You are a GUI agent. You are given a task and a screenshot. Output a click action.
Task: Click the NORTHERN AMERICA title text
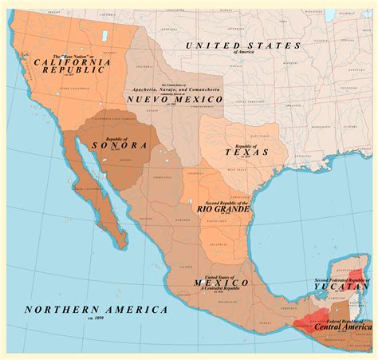pyautogui.click(x=96, y=310)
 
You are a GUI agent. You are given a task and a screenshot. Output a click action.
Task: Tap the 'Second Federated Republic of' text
pyautogui.click(x=342, y=280)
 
